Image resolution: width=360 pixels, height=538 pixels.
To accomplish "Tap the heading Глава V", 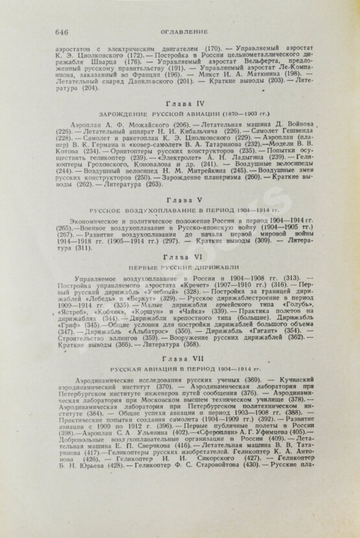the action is [x=180, y=201].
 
